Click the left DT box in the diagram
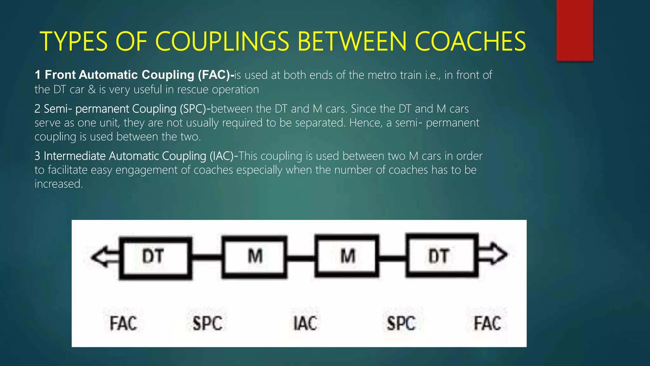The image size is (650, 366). tap(155, 258)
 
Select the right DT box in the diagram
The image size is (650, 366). tap(442, 255)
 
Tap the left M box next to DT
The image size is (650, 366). tap(254, 257)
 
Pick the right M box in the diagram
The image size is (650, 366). tap(347, 256)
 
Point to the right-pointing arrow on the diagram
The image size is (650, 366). tap(493, 254)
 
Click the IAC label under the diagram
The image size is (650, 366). tap(305, 323)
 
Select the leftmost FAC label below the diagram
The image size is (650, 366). tap(123, 323)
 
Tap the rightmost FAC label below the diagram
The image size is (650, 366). tap(487, 323)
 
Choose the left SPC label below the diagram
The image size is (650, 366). tap(207, 323)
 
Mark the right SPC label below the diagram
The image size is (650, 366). tap(401, 323)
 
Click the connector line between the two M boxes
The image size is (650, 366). tap(301, 257)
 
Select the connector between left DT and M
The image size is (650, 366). tap(207, 257)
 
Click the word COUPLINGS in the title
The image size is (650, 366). tap(222, 42)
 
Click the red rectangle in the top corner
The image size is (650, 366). tap(574, 30)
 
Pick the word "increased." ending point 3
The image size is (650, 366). tap(59, 184)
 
